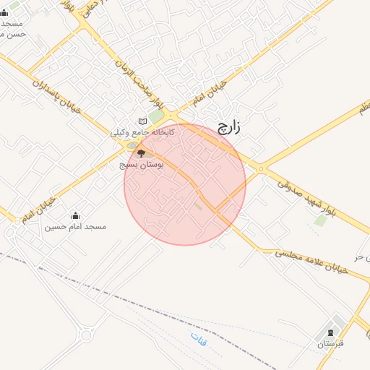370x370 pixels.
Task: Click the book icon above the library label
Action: (x=142, y=121)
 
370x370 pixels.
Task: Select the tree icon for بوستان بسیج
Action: (x=141, y=152)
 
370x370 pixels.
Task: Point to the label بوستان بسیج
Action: (x=141, y=165)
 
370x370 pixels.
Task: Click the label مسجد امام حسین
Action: (x=76, y=226)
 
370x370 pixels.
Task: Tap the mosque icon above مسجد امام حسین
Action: (x=75, y=215)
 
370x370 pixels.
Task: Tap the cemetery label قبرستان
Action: (x=330, y=345)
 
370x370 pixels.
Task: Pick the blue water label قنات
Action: (x=197, y=338)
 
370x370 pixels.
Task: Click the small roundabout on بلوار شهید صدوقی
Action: (x=261, y=169)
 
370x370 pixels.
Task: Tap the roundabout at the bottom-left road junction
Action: (x=88, y=333)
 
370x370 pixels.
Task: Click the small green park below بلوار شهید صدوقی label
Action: (x=319, y=220)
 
